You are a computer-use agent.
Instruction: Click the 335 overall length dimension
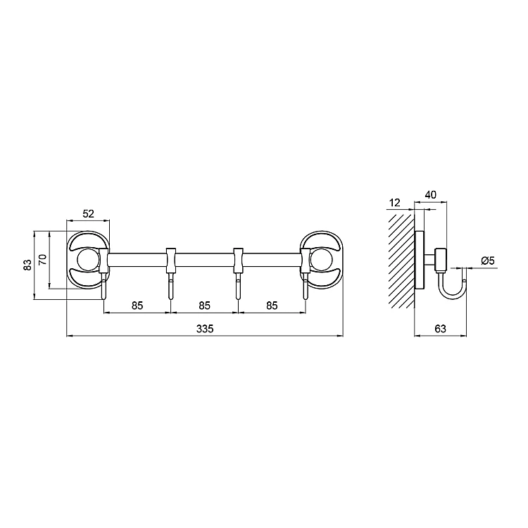coord(205,328)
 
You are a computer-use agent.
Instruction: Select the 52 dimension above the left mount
coord(88,213)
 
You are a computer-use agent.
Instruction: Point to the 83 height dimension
coord(28,264)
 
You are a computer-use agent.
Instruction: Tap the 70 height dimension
coord(43,260)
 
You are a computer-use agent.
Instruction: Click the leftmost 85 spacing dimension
coord(137,306)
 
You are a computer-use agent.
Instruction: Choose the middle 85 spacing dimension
coord(204,306)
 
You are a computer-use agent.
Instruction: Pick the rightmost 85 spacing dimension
coord(272,306)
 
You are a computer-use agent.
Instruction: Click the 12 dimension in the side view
coord(394,203)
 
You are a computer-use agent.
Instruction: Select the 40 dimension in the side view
coord(431,194)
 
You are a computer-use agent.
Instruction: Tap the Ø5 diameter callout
coord(488,260)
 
